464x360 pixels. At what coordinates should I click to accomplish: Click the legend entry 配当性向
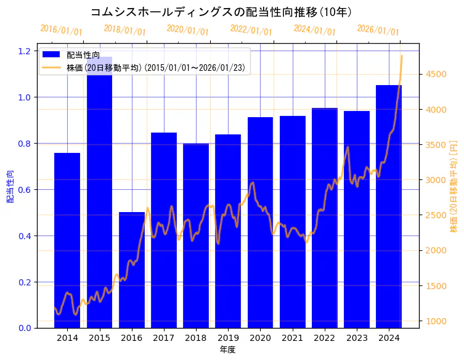(x=83, y=55)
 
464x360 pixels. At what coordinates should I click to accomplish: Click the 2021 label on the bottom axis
(x=292, y=338)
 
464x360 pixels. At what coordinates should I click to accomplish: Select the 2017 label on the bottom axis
(x=164, y=338)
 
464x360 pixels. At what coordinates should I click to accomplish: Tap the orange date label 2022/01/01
(x=251, y=30)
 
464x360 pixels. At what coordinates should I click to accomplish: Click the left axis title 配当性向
(x=10, y=187)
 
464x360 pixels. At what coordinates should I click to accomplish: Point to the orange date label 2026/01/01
(x=378, y=30)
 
